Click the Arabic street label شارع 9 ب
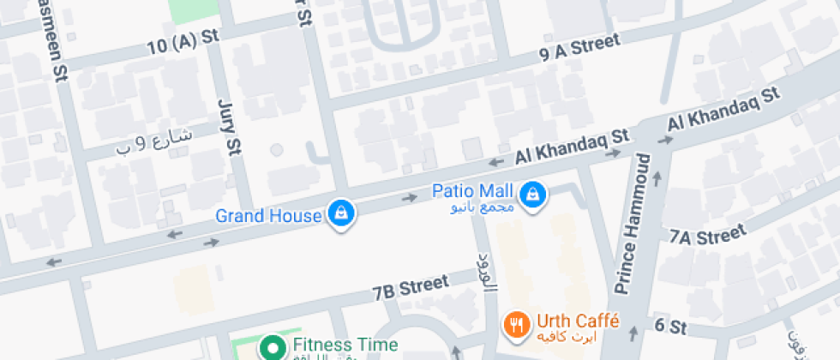click(x=154, y=142)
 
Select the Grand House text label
click(x=267, y=215)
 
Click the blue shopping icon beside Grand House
click(x=340, y=213)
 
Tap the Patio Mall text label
click(x=471, y=190)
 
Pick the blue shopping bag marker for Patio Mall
click(x=534, y=194)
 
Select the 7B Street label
click(x=411, y=287)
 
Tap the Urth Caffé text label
click(x=578, y=321)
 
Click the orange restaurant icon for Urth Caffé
click(x=516, y=325)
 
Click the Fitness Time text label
click(x=345, y=345)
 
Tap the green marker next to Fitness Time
click(x=273, y=348)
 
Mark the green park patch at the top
click(x=194, y=10)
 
